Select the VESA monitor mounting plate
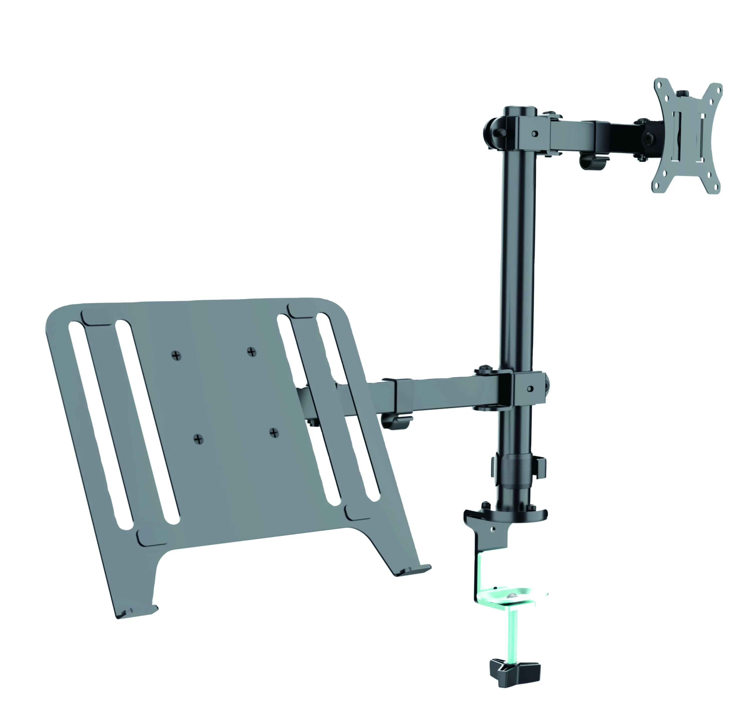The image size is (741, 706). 687,136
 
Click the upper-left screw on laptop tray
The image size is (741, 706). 176,355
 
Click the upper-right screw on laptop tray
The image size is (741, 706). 252,352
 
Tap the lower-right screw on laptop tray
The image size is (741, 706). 274,433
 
